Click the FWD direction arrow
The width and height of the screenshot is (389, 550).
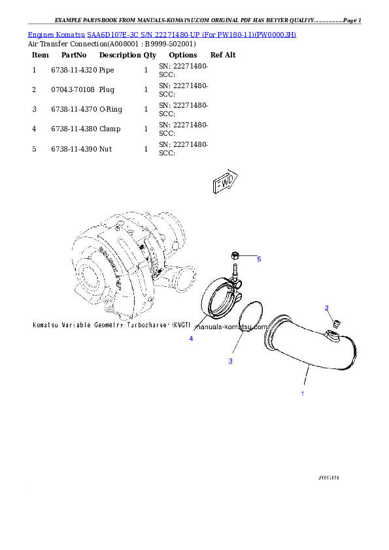click(224, 184)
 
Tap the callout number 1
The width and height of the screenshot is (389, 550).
click(302, 394)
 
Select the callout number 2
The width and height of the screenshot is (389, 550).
click(327, 308)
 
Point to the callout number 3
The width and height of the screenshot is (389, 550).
click(230, 361)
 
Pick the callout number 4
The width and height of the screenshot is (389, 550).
click(191, 338)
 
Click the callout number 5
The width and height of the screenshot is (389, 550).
click(259, 259)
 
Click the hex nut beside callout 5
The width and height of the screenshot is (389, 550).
click(235, 255)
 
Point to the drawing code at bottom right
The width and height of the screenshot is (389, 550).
click(328, 477)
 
